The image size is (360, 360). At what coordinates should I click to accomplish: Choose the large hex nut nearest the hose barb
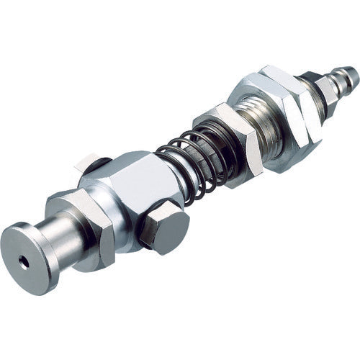pyautogui.click(x=284, y=115)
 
